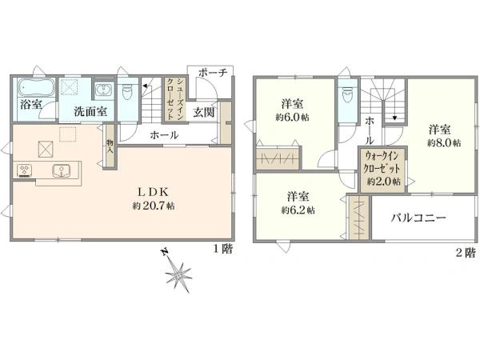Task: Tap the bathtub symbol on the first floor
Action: point(34,88)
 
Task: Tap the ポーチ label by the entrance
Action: point(214,72)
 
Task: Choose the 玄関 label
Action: point(203,111)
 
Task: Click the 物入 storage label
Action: point(110,146)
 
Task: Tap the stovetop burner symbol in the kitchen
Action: point(23,170)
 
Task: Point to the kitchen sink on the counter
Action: point(62,170)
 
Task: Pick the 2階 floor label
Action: point(465,253)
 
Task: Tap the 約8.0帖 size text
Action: point(443,143)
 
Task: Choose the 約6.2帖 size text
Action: point(298,210)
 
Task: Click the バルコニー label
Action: point(419,218)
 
